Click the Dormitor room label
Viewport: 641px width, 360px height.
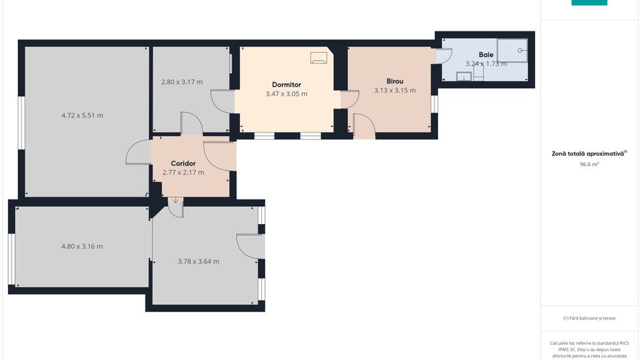point(286,85)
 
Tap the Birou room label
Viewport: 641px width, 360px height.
point(394,81)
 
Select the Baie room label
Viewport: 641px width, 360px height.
point(486,55)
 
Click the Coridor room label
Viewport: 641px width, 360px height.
point(183,163)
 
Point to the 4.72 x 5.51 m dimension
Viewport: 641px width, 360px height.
point(82,115)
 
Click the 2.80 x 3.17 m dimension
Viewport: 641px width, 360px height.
point(182,82)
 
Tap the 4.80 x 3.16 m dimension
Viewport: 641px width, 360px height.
point(82,247)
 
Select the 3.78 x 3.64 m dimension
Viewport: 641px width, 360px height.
point(198,261)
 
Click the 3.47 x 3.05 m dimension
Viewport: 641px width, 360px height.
point(286,94)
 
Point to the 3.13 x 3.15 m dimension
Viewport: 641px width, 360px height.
point(394,90)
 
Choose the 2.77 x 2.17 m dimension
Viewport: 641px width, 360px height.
point(183,172)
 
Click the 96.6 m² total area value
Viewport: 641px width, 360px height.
point(589,164)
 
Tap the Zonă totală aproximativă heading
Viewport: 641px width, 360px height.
point(589,154)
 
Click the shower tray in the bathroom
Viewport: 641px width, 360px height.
point(513,51)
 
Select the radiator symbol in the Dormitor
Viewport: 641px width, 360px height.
point(318,57)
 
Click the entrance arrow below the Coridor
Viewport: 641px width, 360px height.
point(176,201)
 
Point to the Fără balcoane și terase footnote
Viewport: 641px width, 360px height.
point(589,318)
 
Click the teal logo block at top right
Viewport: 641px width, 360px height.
point(589,2)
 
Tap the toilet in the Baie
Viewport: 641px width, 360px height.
point(478,72)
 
